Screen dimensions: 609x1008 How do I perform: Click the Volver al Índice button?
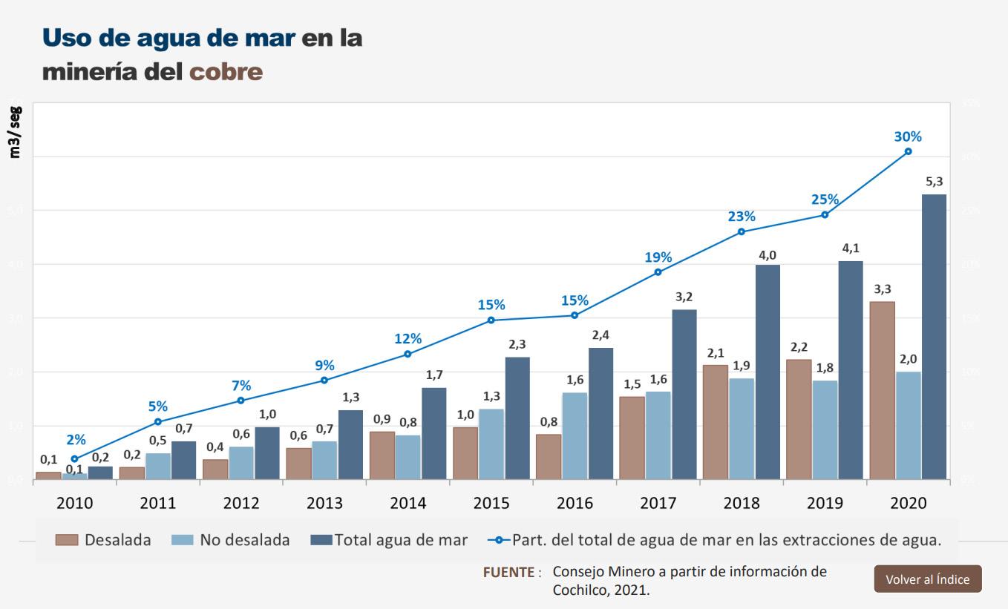pyautogui.click(x=927, y=579)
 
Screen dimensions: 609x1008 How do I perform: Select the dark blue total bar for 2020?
pyautogui.click(x=934, y=337)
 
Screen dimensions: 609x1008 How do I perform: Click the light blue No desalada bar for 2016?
pyautogui.click(x=575, y=435)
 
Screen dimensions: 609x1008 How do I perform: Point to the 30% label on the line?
pyautogui.click(x=908, y=136)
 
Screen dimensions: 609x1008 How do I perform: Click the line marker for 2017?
pyautogui.click(x=658, y=272)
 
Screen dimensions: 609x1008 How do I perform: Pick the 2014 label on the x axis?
pyautogui.click(x=408, y=503)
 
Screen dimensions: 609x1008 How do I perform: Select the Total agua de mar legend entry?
pyautogui.click(x=389, y=540)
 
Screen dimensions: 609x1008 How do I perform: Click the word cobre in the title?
pyautogui.click(x=226, y=72)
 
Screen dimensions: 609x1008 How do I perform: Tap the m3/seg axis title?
pyautogui.click(x=16, y=132)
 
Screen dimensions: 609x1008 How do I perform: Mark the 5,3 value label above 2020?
pyautogui.click(x=935, y=182)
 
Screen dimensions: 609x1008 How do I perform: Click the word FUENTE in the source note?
pyautogui.click(x=508, y=573)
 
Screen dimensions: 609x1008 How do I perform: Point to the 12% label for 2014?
pyautogui.click(x=408, y=339)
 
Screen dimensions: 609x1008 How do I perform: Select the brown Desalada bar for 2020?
pyautogui.click(x=882, y=390)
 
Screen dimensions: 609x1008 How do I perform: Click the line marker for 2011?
pyautogui.click(x=158, y=422)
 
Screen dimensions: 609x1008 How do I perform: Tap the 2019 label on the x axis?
pyautogui.click(x=825, y=503)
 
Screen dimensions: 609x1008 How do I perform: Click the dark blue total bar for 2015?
pyautogui.click(x=518, y=418)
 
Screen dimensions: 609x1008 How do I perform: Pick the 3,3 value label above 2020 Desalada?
pyautogui.click(x=883, y=289)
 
